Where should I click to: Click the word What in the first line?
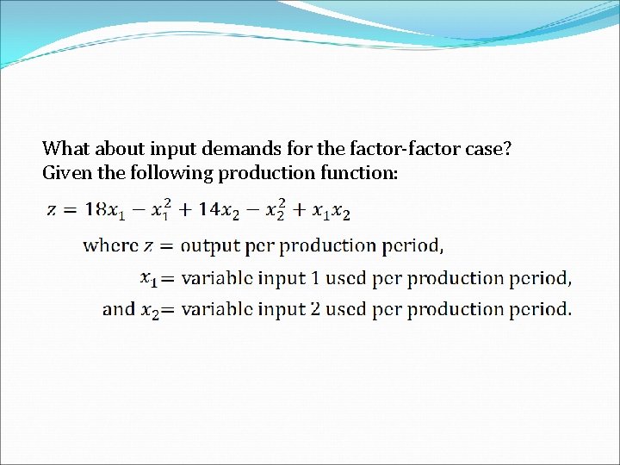[x=64, y=148]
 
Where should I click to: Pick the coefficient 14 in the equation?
[x=209, y=208]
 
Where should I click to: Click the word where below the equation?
[x=110, y=246]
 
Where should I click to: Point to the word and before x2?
[x=118, y=308]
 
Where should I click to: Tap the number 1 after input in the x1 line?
[x=313, y=278]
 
